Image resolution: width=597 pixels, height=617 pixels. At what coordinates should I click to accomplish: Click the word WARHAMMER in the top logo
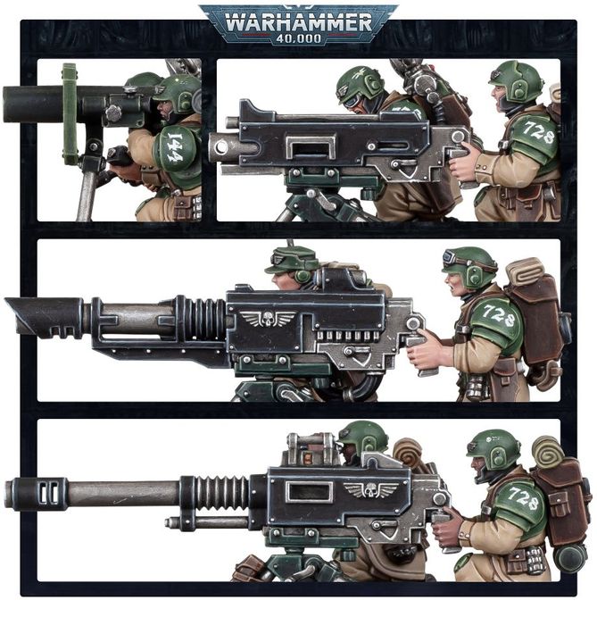coord(297,21)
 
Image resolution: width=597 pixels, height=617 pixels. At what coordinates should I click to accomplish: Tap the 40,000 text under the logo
coord(298,39)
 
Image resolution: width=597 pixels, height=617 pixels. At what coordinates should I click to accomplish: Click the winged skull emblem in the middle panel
coord(269,317)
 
